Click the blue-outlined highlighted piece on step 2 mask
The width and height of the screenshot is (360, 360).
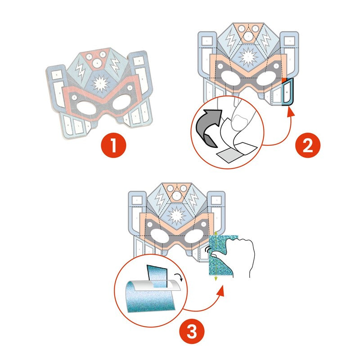pos(287,93)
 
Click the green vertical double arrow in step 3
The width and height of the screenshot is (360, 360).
pos(216,256)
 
